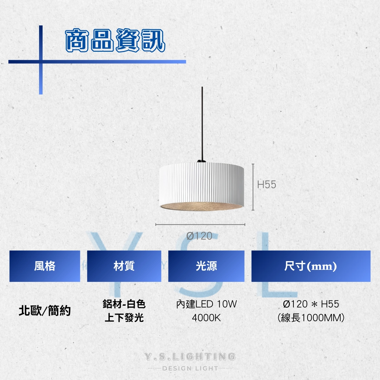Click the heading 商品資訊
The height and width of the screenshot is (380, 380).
click(x=115, y=40)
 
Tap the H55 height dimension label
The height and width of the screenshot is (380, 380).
click(x=267, y=185)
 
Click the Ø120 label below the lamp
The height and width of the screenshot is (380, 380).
click(x=199, y=236)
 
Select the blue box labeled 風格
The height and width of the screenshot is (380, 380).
click(x=45, y=266)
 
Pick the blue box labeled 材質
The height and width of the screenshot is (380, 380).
click(x=124, y=266)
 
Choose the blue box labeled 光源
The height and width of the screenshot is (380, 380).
click(x=206, y=266)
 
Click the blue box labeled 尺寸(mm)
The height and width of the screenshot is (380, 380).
click(x=311, y=266)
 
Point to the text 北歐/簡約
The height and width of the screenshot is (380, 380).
click(x=45, y=311)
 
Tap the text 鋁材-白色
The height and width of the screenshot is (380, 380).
click(x=124, y=304)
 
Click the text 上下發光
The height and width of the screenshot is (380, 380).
click(x=124, y=318)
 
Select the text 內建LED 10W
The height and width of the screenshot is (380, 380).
click(x=207, y=304)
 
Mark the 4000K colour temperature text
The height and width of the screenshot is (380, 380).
click(x=207, y=318)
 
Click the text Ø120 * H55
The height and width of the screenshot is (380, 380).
click(x=311, y=304)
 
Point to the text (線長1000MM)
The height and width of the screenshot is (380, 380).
click(x=311, y=318)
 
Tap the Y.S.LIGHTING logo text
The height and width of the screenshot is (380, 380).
click(x=190, y=356)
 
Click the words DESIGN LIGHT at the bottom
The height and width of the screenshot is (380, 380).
click(x=190, y=368)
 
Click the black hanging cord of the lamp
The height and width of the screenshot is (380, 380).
click(x=202, y=123)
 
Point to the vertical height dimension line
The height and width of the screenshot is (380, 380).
click(x=253, y=187)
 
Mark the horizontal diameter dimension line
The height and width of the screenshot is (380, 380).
click(x=200, y=224)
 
